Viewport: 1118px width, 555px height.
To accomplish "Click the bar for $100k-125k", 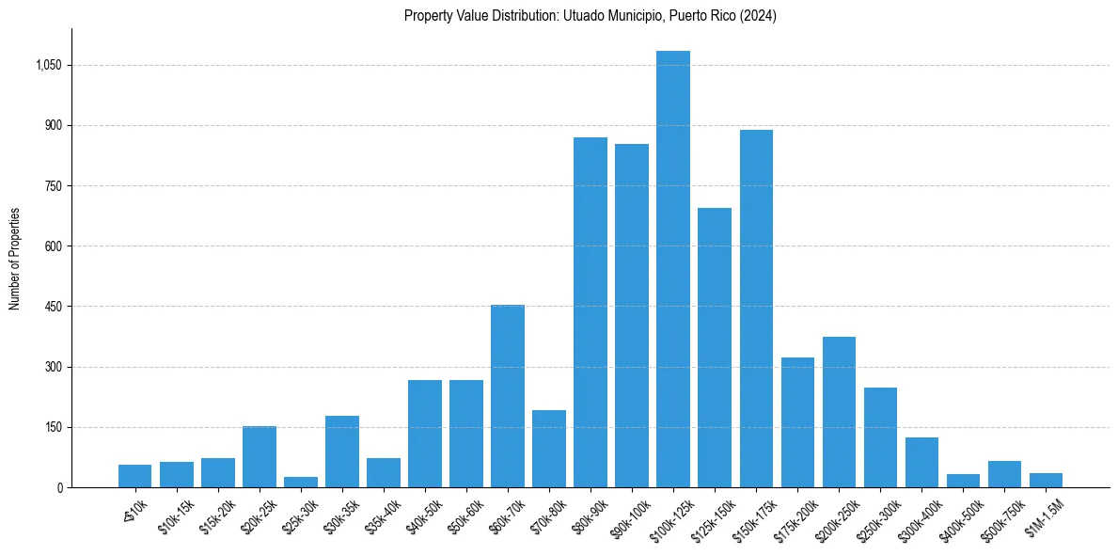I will (673, 269).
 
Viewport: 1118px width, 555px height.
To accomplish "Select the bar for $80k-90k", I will (590, 312).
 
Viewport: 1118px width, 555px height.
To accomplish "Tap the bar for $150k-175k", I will (756, 309).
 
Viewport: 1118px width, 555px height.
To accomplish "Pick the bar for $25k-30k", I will (301, 483).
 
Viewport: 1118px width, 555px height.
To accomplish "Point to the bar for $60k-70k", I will (508, 396).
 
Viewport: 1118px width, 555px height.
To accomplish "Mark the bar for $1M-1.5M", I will (1046, 481).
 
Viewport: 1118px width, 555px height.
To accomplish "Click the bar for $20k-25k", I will (260, 457).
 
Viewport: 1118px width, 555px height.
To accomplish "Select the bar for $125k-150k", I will (715, 348).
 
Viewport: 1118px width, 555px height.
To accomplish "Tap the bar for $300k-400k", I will (921, 463).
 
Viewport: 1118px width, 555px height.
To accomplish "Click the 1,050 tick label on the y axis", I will (49, 65).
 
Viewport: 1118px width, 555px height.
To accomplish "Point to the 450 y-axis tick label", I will (54, 307).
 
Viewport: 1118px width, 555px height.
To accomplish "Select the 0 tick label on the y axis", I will (58, 487).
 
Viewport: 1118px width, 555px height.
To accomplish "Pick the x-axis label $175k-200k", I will (797, 516).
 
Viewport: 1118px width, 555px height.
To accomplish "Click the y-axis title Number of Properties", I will (15, 258).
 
